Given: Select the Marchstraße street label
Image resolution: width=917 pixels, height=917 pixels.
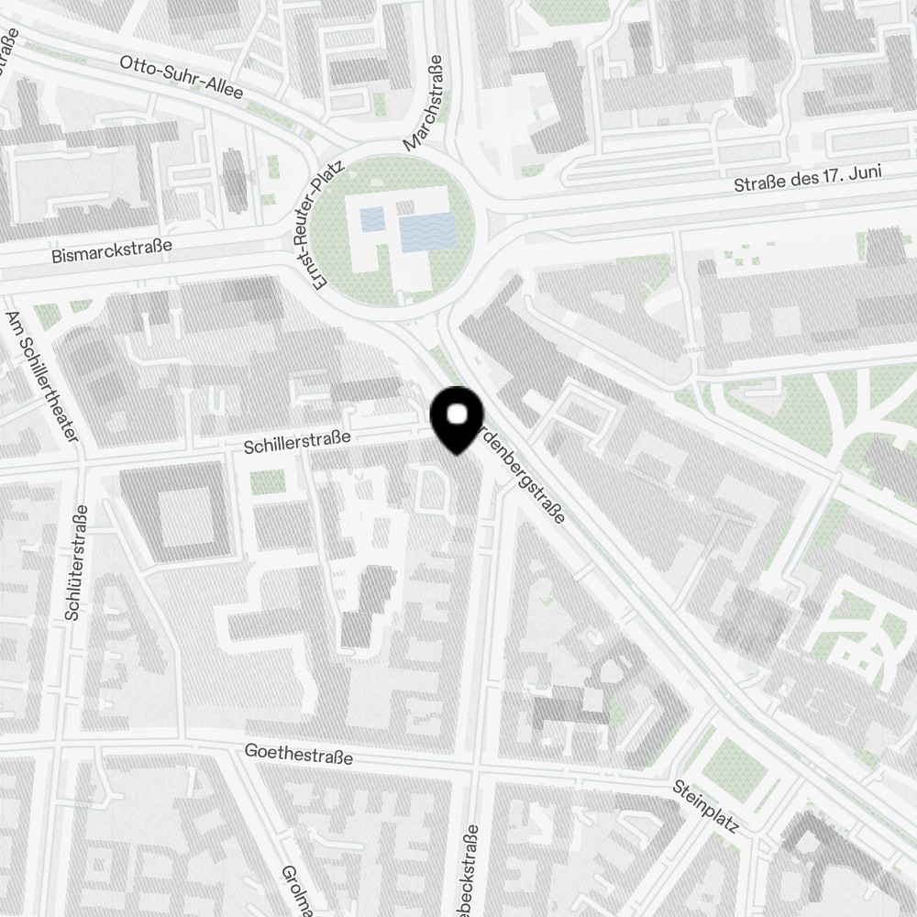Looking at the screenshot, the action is (x=423, y=102).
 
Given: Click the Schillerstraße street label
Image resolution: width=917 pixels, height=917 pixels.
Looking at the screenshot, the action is (x=298, y=443).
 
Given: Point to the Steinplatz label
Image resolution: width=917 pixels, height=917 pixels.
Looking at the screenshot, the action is (x=705, y=806).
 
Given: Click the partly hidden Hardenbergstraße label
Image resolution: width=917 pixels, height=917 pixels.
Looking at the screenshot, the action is (x=523, y=477).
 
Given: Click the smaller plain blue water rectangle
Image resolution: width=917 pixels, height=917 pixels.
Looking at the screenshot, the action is (x=372, y=219).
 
